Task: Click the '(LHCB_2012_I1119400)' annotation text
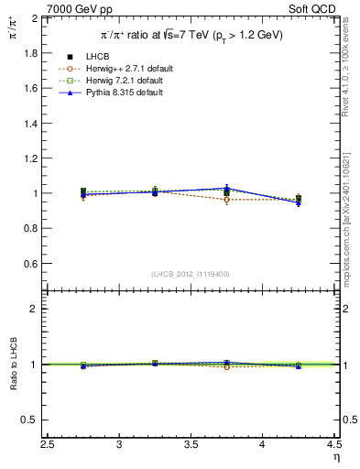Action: pos(191,274)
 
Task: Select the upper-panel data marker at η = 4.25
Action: pos(298,199)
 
